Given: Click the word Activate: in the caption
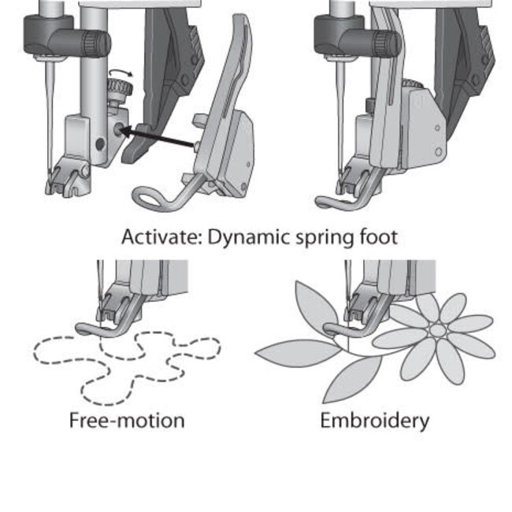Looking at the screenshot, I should click(x=161, y=237).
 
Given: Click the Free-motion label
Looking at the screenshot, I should click(x=127, y=420).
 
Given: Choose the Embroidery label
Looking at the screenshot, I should click(x=374, y=420).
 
